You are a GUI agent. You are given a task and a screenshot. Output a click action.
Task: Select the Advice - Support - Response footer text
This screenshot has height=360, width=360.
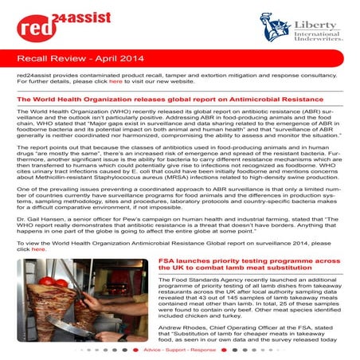click(x=179, y=349)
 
